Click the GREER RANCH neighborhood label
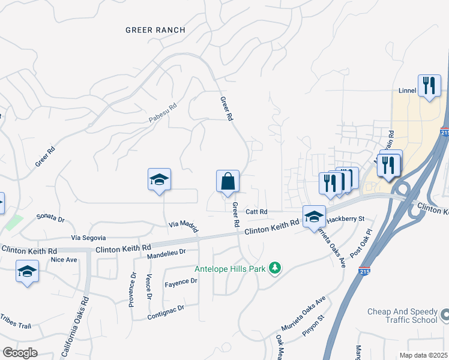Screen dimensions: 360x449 point(155,30)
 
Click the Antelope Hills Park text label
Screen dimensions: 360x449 point(230,269)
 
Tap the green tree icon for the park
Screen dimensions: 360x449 point(275,268)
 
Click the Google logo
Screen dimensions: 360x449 point(20,352)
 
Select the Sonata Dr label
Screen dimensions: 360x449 point(50,216)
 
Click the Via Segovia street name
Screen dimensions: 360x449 point(88,238)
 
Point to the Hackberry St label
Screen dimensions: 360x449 point(346,219)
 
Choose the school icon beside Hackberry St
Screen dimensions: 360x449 point(314,217)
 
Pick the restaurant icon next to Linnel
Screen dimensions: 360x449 point(429,86)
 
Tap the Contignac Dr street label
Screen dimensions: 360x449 point(166,311)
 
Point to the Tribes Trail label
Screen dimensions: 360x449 point(15,322)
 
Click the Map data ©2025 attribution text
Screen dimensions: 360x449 point(423,355)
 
